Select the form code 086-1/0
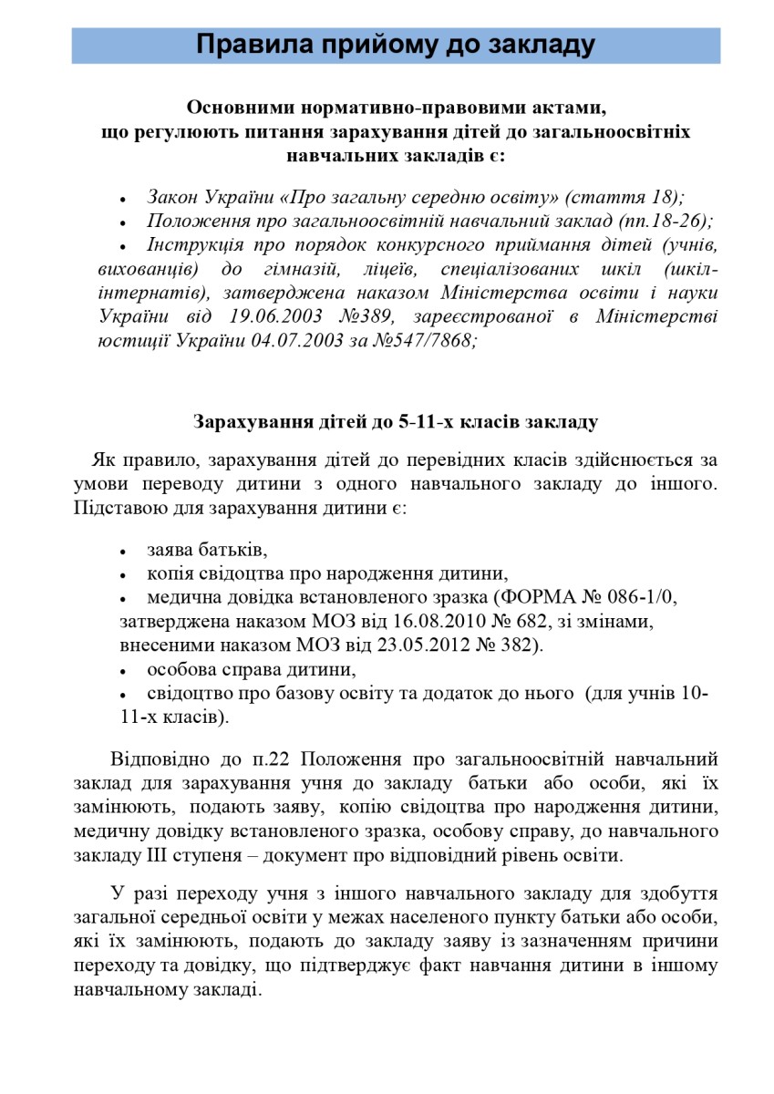(x=646, y=597)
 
